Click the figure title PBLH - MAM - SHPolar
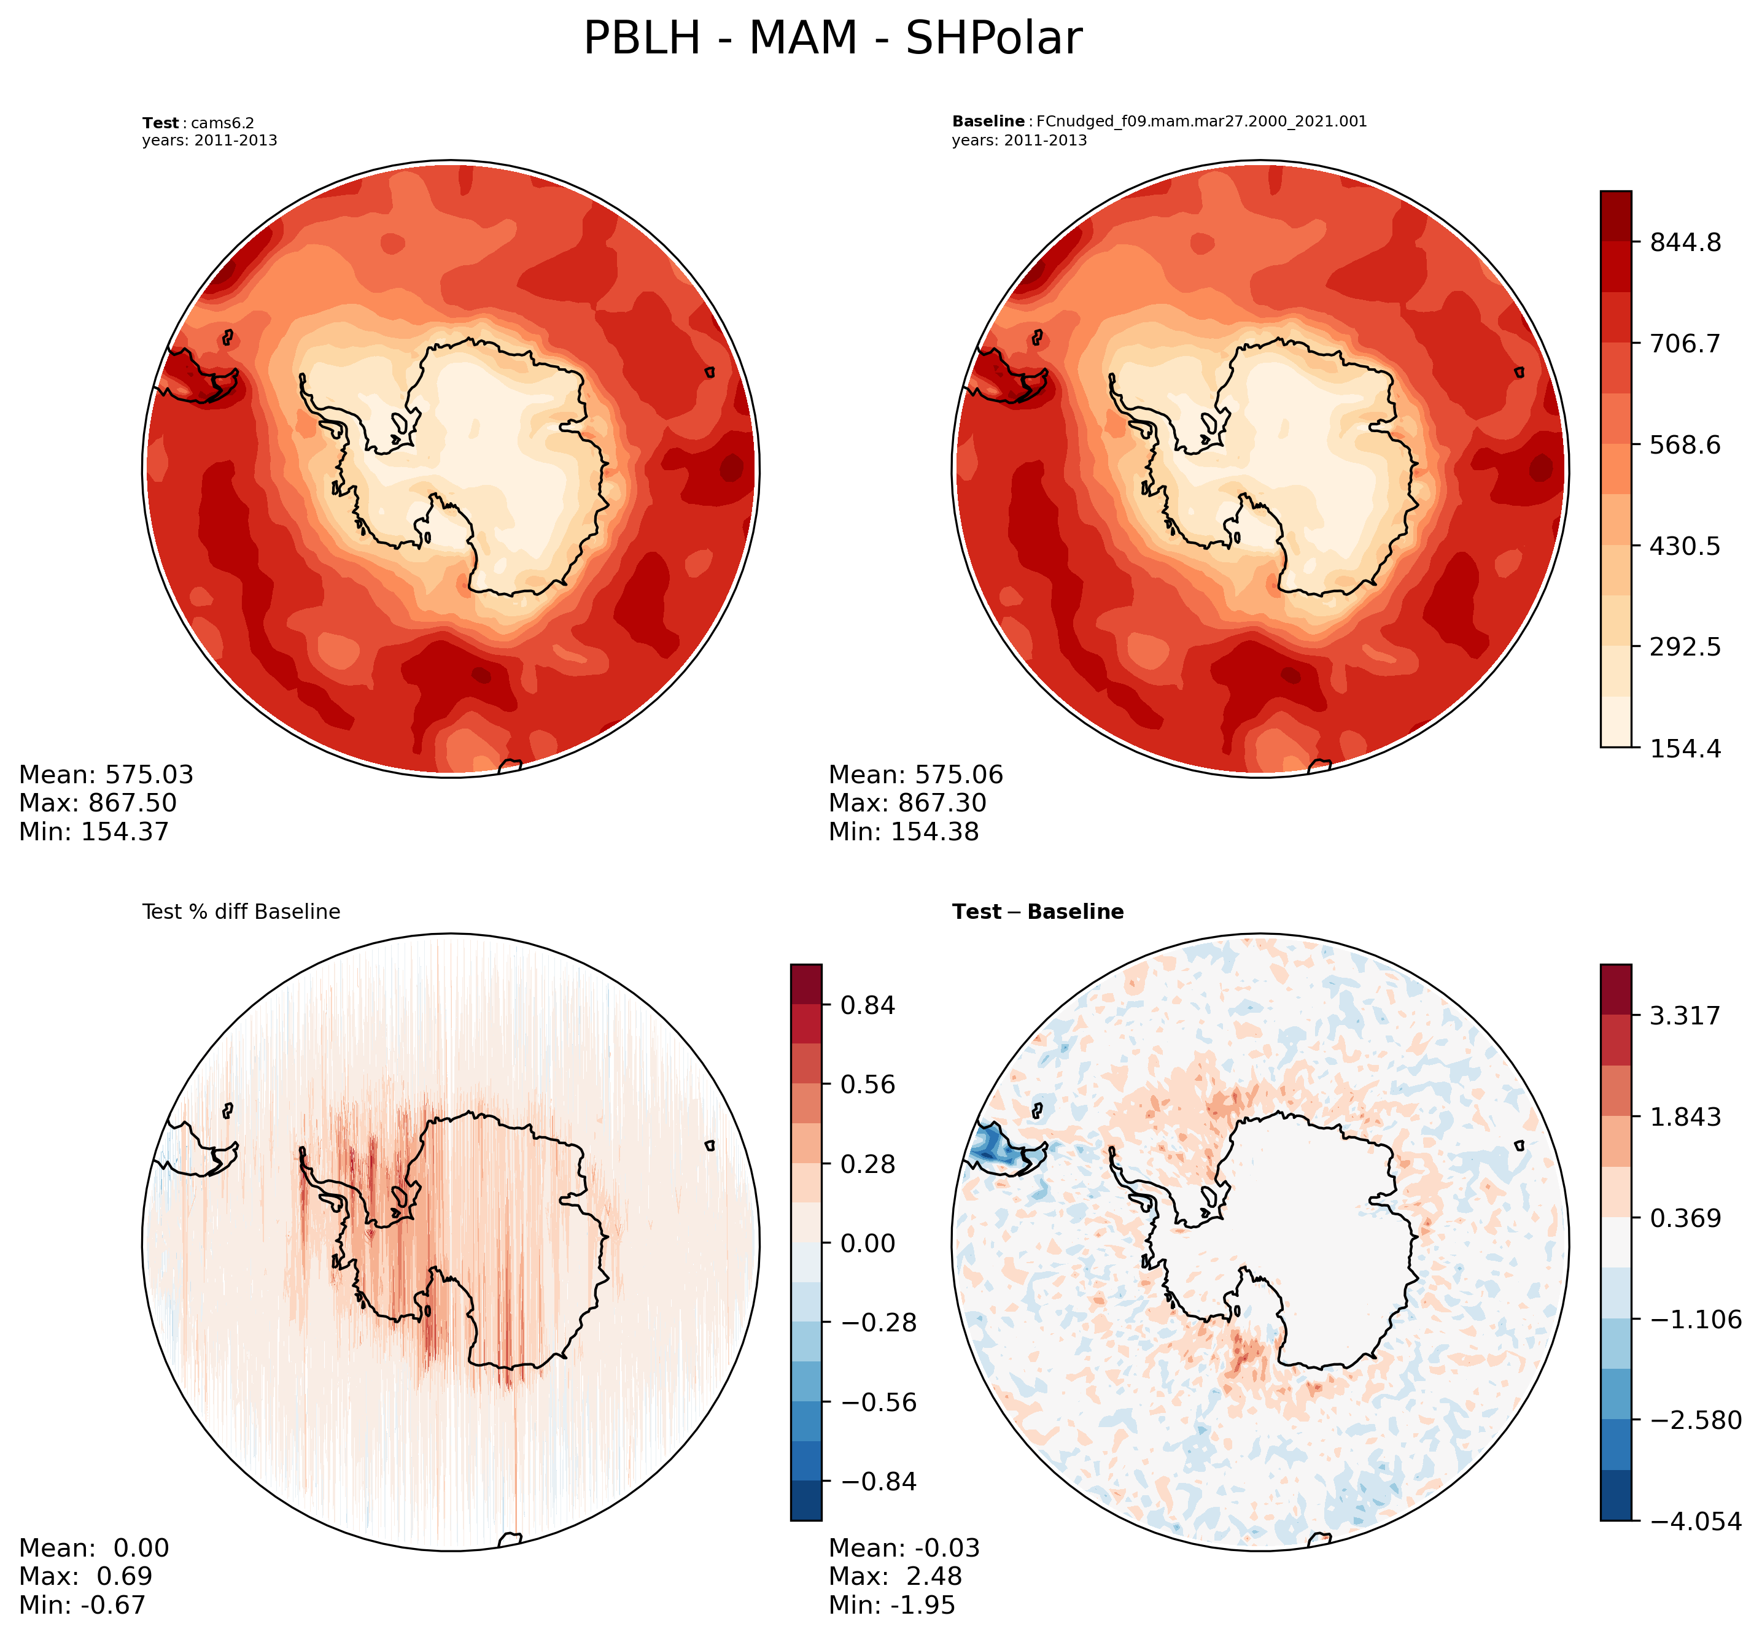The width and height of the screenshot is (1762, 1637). [x=832, y=40]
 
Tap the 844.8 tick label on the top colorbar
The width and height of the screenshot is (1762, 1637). [x=1685, y=242]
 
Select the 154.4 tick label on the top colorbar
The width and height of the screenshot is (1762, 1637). [x=1685, y=748]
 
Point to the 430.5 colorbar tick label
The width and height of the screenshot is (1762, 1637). [x=1685, y=546]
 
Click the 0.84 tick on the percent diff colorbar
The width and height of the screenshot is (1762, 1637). [x=860, y=1005]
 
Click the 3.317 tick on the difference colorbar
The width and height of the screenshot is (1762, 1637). [x=1685, y=1015]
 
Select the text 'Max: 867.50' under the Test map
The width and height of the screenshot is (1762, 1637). [x=98, y=803]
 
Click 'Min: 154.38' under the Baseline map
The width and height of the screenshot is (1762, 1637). [x=904, y=832]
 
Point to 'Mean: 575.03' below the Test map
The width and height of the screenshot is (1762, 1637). [x=106, y=775]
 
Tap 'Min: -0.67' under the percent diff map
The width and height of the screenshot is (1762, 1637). [x=82, y=1605]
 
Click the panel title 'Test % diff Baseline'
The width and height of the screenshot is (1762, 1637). [x=241, y=912]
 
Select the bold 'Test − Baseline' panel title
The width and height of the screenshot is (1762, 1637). [x=1038, y=912]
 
